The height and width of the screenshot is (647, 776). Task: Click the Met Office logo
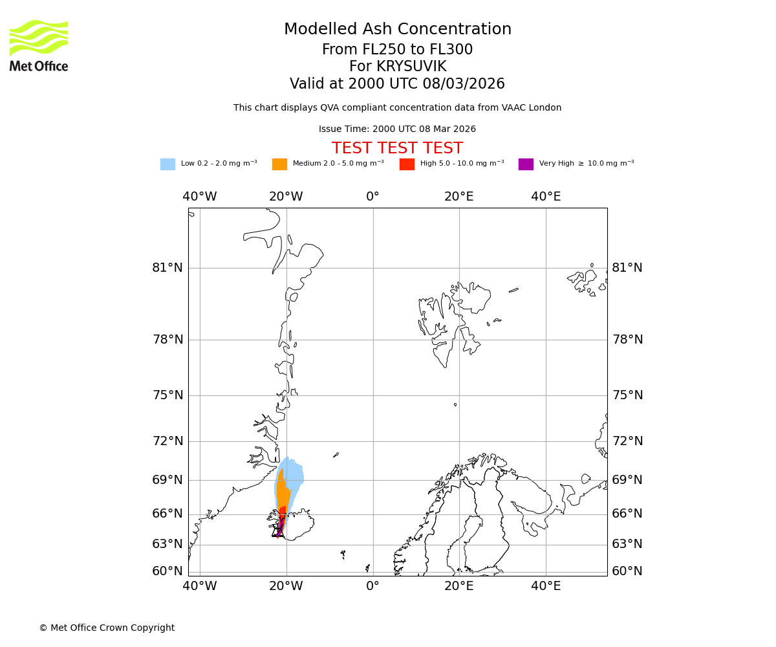39,45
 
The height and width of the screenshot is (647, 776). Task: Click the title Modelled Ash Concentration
397,30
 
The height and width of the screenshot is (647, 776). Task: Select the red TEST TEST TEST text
397,148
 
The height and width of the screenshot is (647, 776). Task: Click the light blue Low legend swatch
167,164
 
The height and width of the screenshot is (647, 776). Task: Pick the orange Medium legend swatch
279,164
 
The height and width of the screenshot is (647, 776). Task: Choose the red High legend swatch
407,164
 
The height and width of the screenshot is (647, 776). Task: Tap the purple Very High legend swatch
526,164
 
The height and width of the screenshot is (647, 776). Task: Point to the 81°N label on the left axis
167,268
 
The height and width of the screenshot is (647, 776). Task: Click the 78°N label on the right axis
627,340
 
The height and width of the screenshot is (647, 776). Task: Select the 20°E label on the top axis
459,197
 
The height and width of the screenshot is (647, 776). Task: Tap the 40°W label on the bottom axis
199,586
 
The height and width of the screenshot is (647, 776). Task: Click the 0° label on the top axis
372,197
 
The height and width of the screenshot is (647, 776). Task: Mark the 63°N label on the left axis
167,544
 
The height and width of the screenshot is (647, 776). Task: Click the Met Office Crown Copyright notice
107,628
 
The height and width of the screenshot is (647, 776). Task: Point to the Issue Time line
397,129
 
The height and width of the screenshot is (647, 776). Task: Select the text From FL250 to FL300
397,50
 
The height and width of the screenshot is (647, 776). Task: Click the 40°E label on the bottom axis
546,586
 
